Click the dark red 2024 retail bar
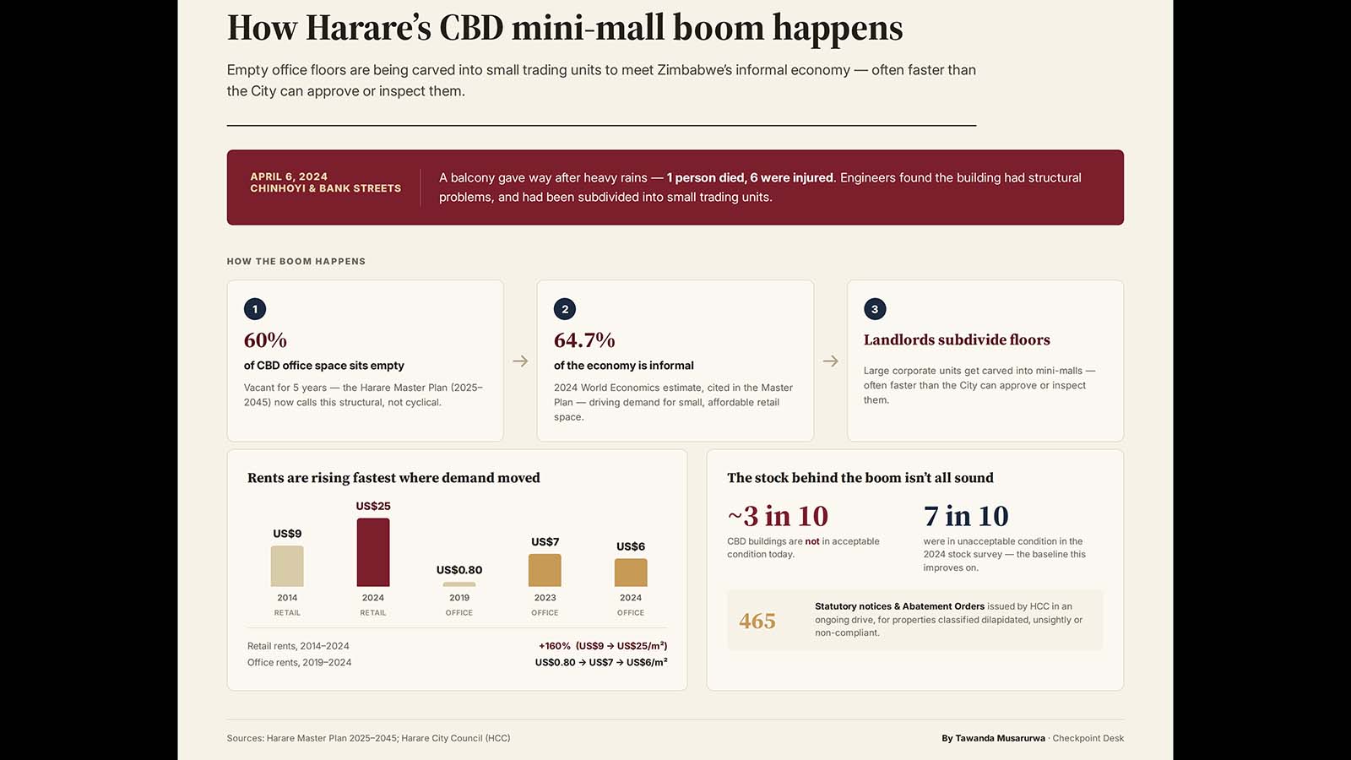click(x=372, y=552)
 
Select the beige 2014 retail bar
click(x=287, y=566)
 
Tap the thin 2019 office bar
click(x=459, y=584)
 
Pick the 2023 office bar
click(x=545, y=570)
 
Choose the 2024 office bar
click(x=631, y=573)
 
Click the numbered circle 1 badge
click(x=254, y=309)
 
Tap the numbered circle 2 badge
click(x=565, y=309)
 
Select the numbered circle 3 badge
click(x=875, y=309)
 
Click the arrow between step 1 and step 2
click(x=520, y=361)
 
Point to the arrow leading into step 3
click(x=831, y=361)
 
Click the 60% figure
click(x=265, y=340)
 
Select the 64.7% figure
click(x=584, y=340)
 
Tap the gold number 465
click(x=757, y=621)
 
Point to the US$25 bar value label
click(x=372, y=506)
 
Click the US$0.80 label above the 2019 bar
click(x=459, y=570)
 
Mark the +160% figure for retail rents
click(x=554, y=646)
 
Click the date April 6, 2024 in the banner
click(x=289, y=176)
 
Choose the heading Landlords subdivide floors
click(x=957, y=339)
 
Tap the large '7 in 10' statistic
click(x=966, y=516)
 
